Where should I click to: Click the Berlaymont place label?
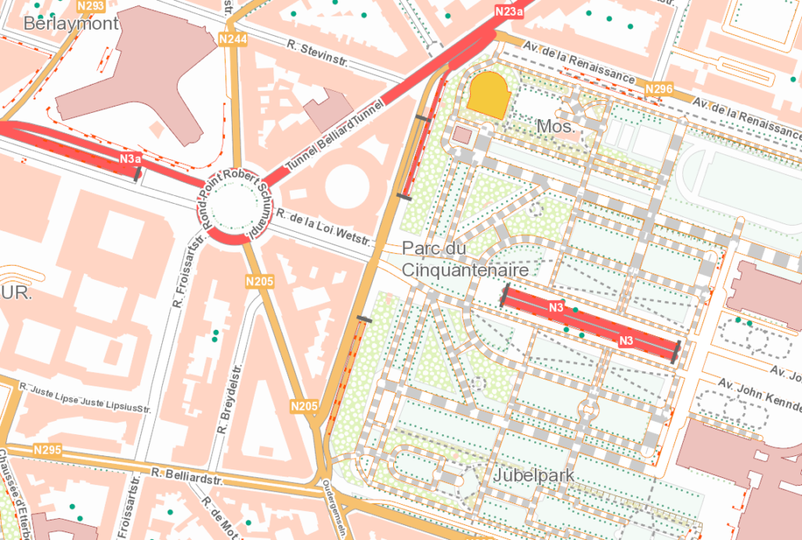71,24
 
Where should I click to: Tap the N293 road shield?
92,6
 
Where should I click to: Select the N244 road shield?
233,39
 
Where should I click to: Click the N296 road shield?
659,90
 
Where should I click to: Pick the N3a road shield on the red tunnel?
130,159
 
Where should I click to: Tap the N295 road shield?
48,451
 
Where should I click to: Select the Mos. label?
556,125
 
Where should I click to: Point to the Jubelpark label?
534,475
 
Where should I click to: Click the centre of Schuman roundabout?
231,212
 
